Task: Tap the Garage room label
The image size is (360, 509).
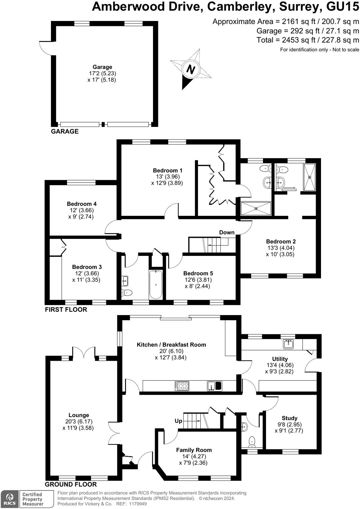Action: pos(102,67)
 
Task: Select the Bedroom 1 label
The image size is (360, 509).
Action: pos(167,170)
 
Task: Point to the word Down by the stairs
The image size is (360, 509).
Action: pos(227,232)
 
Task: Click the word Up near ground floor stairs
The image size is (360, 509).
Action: pos(178,421)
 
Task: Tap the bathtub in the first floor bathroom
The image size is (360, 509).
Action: pos(156,284)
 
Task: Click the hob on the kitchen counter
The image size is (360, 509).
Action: pos(182,386)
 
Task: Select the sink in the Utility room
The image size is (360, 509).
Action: pos(289,344)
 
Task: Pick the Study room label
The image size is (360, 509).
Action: pos(289,418)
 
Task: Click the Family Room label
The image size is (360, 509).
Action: pos(194,450)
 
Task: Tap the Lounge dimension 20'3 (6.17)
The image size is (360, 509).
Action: pos(79,421)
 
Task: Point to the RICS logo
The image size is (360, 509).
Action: pos(10,499)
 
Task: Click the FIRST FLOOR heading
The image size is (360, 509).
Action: pos(66,309)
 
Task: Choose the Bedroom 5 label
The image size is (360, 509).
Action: pos(198,273)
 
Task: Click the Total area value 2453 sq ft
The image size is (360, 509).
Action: pos(299,40)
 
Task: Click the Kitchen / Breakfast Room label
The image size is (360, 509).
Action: pos(171,344)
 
